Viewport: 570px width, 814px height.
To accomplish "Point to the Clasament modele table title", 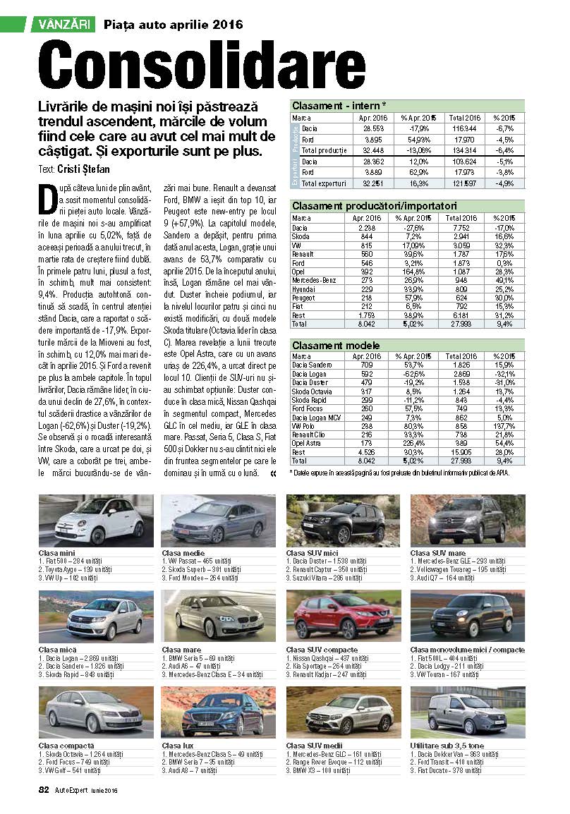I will click(x=336, y=346).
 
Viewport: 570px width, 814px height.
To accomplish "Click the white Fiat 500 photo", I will click(x=96, y=521).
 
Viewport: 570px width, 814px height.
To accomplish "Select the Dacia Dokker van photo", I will click(x=467, y=712).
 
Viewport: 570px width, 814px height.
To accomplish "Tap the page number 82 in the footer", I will click(x=43, y=790).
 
